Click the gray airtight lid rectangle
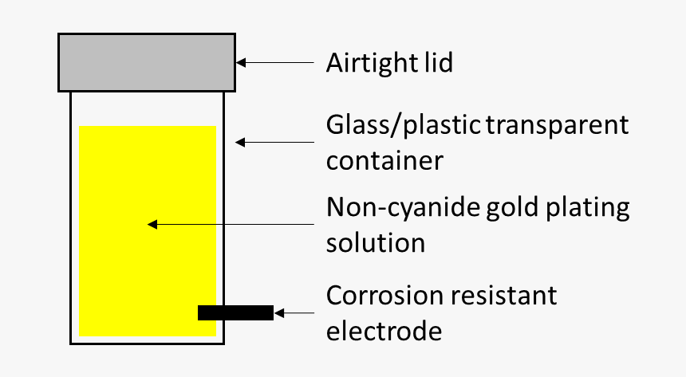(x=147, y=61)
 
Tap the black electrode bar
(x=235, y=313)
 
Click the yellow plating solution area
(x=148, y=183)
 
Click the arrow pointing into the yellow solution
(x=231, y=225)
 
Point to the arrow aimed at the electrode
(x=295, y=313)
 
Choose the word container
(x=384, y=160)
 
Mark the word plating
(x=591, y=208)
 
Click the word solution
(x=375, y=242)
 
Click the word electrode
(x=384, y=329)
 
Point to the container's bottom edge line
(x=148, y=343)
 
